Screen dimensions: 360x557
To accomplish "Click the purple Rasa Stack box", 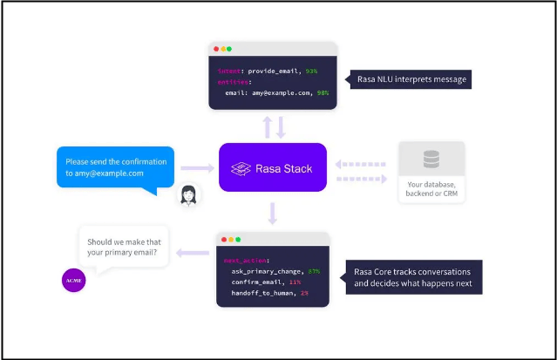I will coord(272,167).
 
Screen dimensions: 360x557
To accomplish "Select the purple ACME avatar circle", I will coord(72,280).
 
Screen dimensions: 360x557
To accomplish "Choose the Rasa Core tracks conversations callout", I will coord(412,276).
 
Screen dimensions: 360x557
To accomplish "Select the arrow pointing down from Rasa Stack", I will coord(273,212).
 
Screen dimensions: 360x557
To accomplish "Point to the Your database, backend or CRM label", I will coord(431,189).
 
